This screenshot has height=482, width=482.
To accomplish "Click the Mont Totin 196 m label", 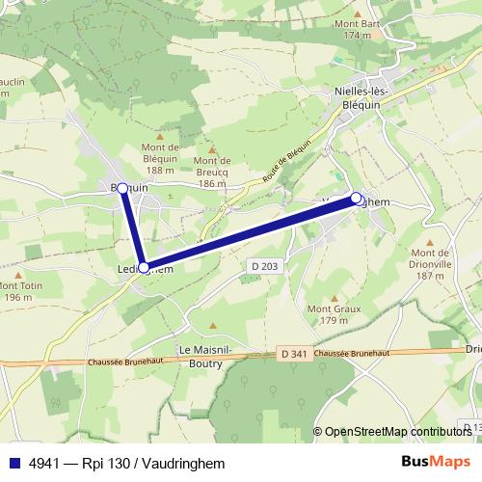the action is [x=18, y=291].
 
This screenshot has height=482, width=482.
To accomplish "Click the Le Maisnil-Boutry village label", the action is [x=200, y=357].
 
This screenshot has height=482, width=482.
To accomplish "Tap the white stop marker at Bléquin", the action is [x=123, y=189].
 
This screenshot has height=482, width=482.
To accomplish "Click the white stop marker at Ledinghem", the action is [x=144, y=267].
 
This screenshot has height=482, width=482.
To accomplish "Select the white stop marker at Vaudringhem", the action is [x=356, y=199].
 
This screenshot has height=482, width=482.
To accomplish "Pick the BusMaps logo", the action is [x=435, y=462].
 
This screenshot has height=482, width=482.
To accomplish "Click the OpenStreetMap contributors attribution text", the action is [x=397, y=432].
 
